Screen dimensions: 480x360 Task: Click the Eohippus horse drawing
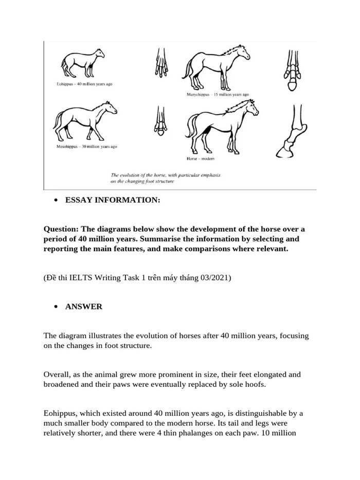pyautogui.click(x=82, y=64)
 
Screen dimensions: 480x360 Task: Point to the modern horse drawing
pyautogui.click(x=221, y=126)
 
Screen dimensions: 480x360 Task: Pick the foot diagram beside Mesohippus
pyautogui.click(x=160, y=122)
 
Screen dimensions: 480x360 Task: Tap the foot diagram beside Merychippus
pyautogui.click(x=292, y=70)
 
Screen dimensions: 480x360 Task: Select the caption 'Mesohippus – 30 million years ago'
pyautogui.click(x=86, y=147)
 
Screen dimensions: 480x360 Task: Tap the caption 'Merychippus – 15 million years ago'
pyautogui.click(x=218, y=95)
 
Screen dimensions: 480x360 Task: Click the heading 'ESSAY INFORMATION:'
pyautogui.click(x=113, y=200)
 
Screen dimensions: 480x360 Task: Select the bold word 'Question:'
pyautogui.click(x=61, y=229)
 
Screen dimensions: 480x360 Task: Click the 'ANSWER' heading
pyautogui.click(x=84, y=307)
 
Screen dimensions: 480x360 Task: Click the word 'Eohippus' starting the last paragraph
pyautogui.click(x=60, y=414)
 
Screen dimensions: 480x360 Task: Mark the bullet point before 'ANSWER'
pyautogui.click(x=55, y=307)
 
